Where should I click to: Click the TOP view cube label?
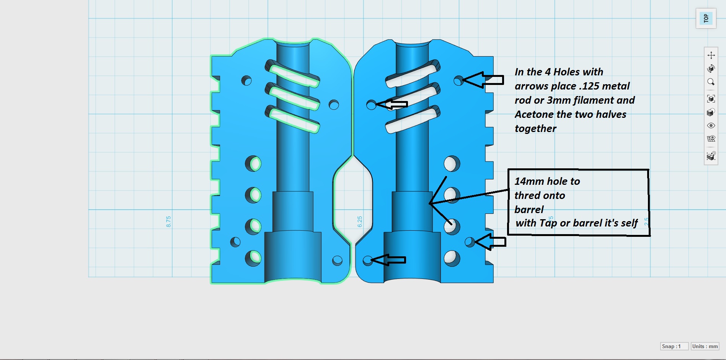click(x=706, y=18)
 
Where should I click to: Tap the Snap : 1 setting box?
click(x=674, y=346)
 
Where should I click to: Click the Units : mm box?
click(x=705, y=346)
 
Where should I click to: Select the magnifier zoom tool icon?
click(x=711, y=82)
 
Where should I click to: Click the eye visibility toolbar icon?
click(x=711, y=125)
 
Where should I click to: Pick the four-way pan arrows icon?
click(x=711, y=55)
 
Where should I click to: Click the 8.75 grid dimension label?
click(x=168, y=222)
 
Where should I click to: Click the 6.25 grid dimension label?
click(x=360, y=222)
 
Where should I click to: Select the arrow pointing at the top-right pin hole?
click(x=483, y=80)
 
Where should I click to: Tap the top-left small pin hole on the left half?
click(x=246, y=80)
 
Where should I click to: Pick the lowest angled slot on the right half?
click(x=413, y=120)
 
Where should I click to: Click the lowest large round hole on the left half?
click(x=253, y=258)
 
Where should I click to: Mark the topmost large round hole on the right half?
click(x=452, y=164)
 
